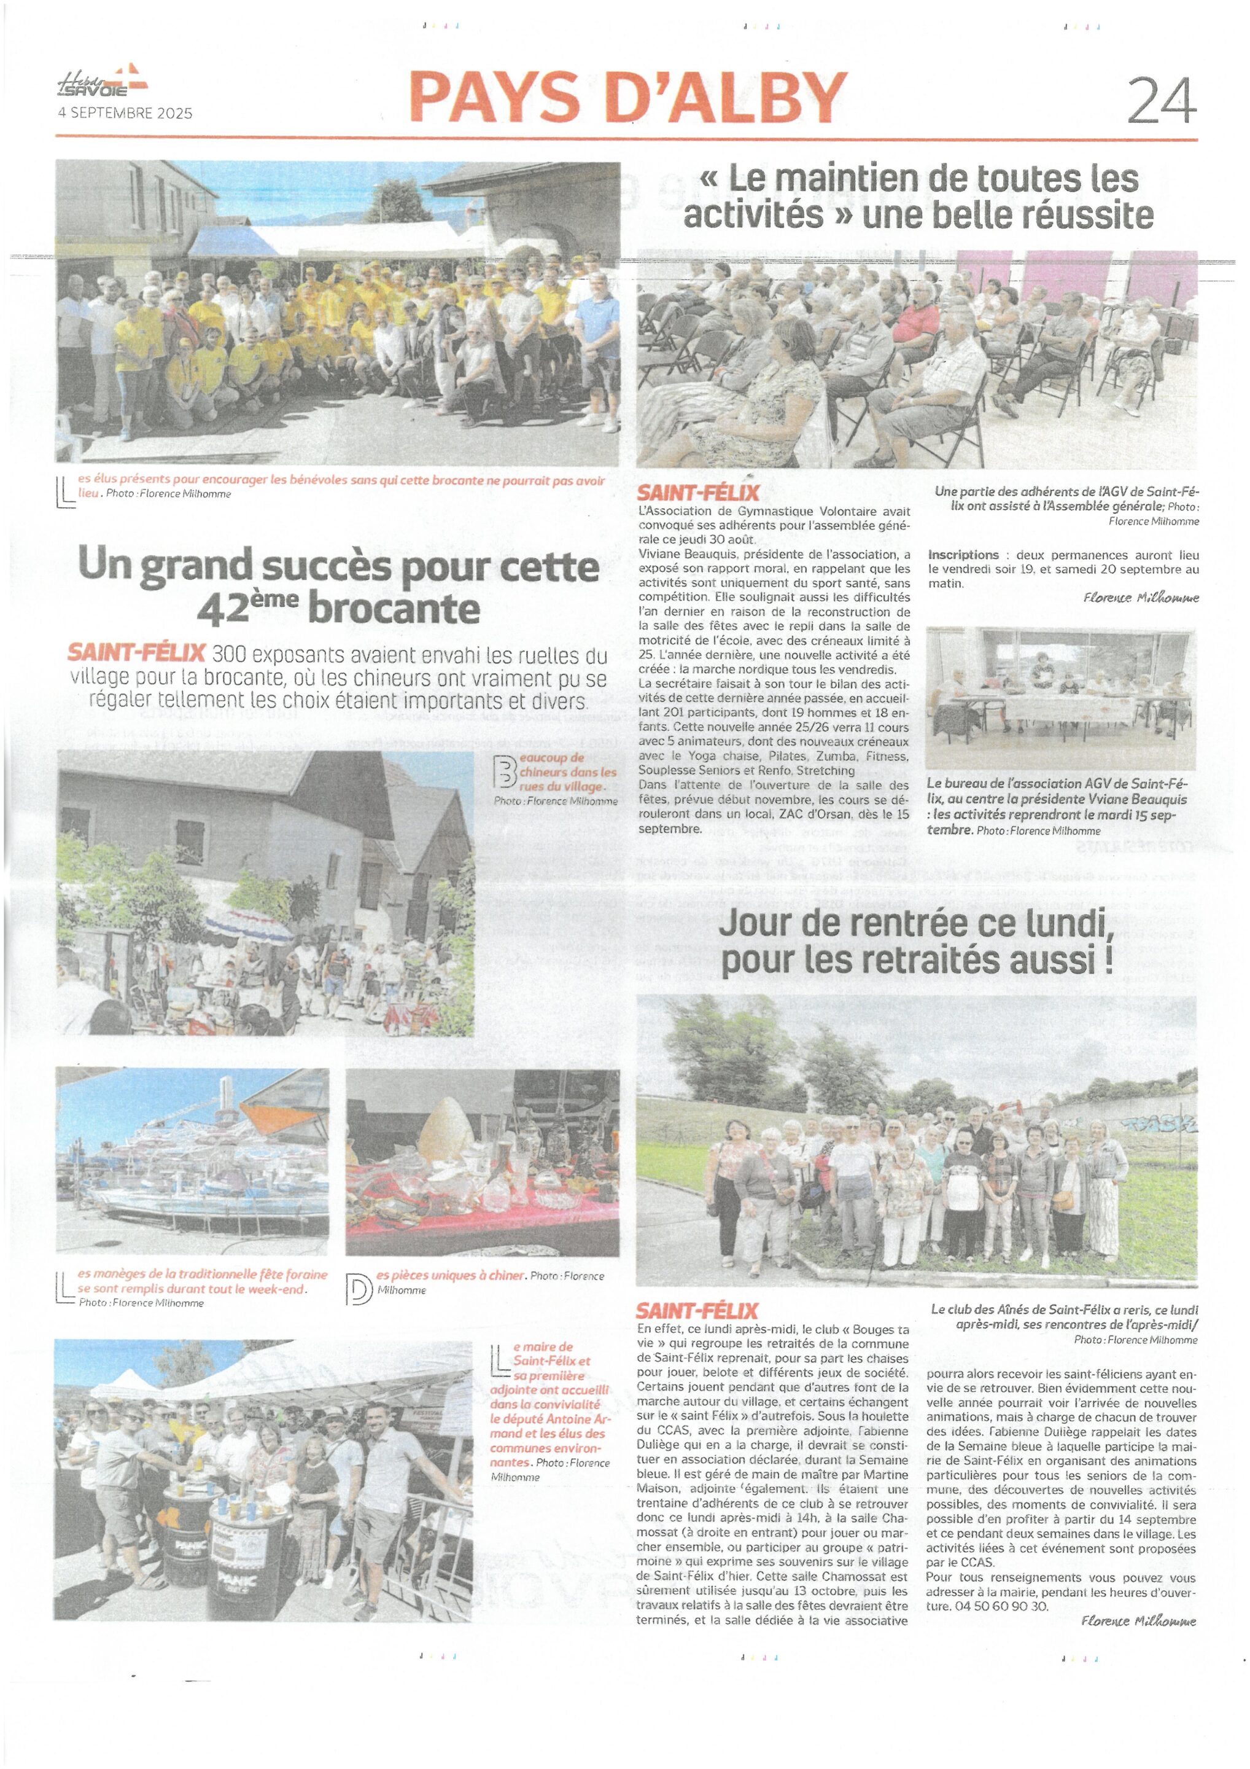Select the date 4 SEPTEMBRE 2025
pos(125,113)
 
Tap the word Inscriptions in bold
pos(963,555)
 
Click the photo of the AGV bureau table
pos(1060,697)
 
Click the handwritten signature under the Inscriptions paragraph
pos(1141,598)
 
